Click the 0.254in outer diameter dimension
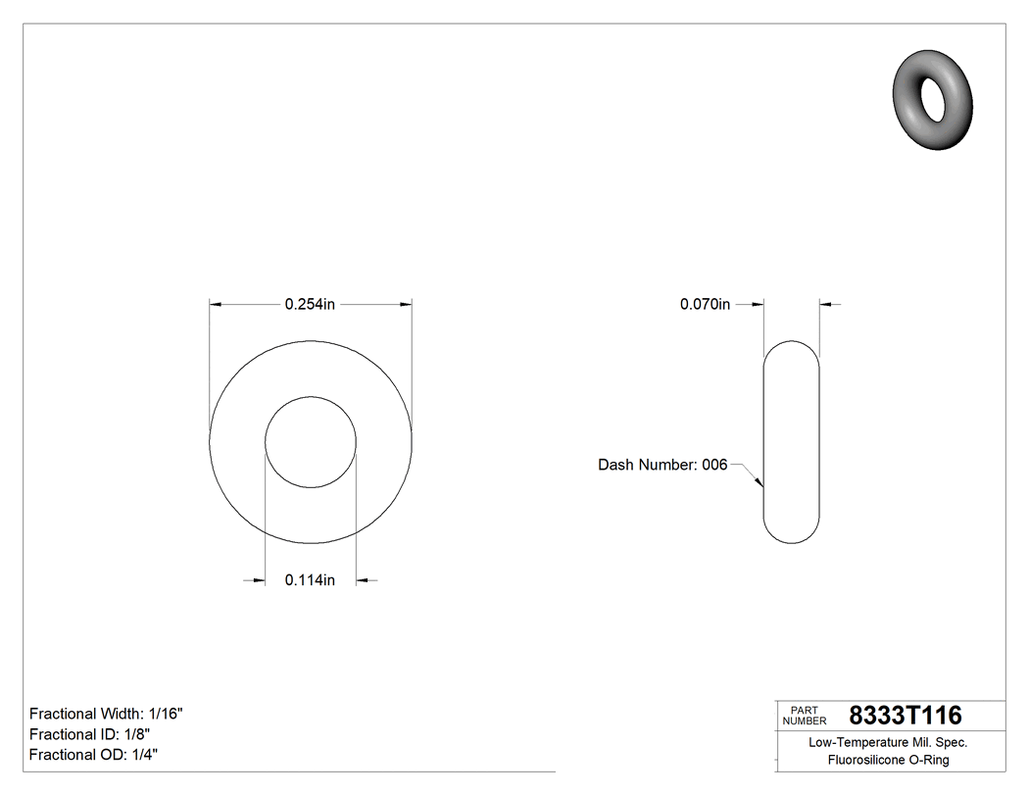pyautogui.click(x=310, y=305)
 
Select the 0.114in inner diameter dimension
pyautogui.click(x=310, y=580)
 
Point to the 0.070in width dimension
pyautogui.click(x=705, y=305)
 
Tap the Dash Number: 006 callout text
pyautogui.click(x=662, y=465)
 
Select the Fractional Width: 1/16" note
pyautogui.click(x=106, y=714)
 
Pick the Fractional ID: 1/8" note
pyautogui.click(x=89, y=734)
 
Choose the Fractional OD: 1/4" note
pyautogui.click(x=93, y=755)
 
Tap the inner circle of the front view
pyautogui.click(x=311, y=442)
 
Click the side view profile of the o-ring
pyautogui.click(x=791, y=442)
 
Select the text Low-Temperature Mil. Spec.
pyautogui.click(x=888, y=743)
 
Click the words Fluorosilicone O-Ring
pyautogui.click(x=888, y=761)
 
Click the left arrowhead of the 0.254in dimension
pyautogui.click(x=217, y=305)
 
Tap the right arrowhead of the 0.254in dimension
pyautogui.click(x=405, y=305)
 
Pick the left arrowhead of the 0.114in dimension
pyautogui.click(x=259, y=580)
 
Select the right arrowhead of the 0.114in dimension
pyautogui.click(x=363, y=580)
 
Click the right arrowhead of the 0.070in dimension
pyautogui.click(x=825, y=305)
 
